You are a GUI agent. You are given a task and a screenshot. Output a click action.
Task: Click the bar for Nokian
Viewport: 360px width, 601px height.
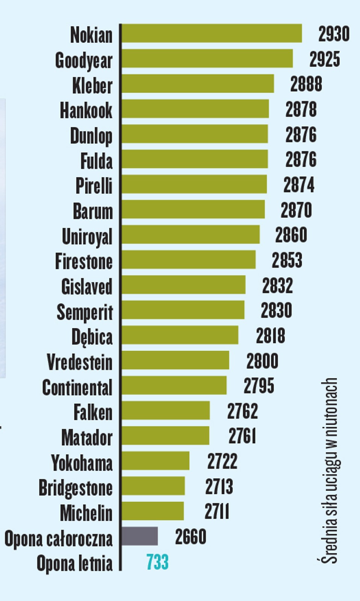pyautogui.click(x=212, y=33)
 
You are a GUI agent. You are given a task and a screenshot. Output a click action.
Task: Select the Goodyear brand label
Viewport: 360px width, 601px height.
pyautogui.click(x=83, y=60)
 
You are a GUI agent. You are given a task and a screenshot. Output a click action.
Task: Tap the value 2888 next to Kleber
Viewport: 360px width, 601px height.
pyautogui.click(x=306, y=84)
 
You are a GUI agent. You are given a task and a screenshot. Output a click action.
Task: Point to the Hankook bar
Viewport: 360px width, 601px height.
pyautogui.click(x=195, y=109)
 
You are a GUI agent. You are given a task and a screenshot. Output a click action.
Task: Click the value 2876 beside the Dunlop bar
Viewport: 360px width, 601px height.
pyautogui.click(x=301, y=134)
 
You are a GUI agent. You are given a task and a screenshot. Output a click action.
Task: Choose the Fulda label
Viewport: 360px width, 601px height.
pyautogui.click(x=96, y=161)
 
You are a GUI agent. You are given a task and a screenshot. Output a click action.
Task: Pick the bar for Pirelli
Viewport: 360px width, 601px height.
pyautogui.click(x=194, y=184)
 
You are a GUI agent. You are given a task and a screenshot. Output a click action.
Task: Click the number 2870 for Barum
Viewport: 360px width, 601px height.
pyautogui.click(x=296, y=210)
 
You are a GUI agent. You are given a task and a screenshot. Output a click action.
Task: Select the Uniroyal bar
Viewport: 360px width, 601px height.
pyautogui.click(x=191, y=235)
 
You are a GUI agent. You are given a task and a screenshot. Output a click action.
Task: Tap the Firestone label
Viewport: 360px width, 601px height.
pyautogui.click(x=84, y=261)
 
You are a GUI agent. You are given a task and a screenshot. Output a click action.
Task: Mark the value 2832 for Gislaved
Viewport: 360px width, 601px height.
pyautogui.click(x=277, y=285)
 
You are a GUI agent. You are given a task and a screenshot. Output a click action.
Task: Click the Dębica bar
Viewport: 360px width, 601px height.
pyautogui.click(x=180, y=335)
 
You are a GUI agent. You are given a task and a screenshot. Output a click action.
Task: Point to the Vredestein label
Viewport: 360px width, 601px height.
pyautogui.click(x=80, y=362)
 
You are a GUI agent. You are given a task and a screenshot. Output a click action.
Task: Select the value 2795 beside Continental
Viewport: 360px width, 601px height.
pyautogui.click(x=259, y=386)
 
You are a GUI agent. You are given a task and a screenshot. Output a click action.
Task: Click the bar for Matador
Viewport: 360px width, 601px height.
pyautogui.click(x=165, y=436)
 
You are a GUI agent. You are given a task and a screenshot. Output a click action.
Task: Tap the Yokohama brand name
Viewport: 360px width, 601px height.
pyautogui.click(x=82, y=463)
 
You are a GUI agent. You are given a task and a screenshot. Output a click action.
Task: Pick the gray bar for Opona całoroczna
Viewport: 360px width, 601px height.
pyautogui.click(x=140, y=536)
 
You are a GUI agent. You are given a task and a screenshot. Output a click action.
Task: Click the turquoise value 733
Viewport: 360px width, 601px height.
pyautogui.click(x=157, y=562)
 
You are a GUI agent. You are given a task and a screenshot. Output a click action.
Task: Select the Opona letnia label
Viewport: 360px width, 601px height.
pyautogui.click(x=74, y=563)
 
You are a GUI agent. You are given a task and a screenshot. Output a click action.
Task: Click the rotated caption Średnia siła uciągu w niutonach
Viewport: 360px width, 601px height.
pyautogui.click(x=330, y=470)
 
